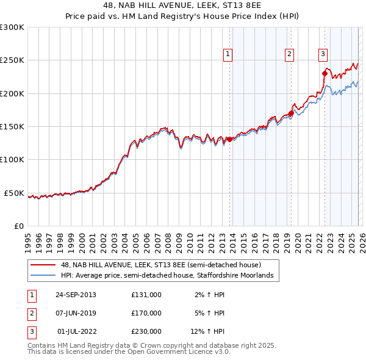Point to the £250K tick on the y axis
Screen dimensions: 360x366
[12, 60]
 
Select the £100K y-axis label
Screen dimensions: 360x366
[12, 160]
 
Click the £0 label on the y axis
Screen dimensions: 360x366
[18, 226]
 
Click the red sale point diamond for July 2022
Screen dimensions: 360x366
[325, 74]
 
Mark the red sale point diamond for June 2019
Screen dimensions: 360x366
[292, 113]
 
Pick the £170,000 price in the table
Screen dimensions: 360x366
[146, 313]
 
